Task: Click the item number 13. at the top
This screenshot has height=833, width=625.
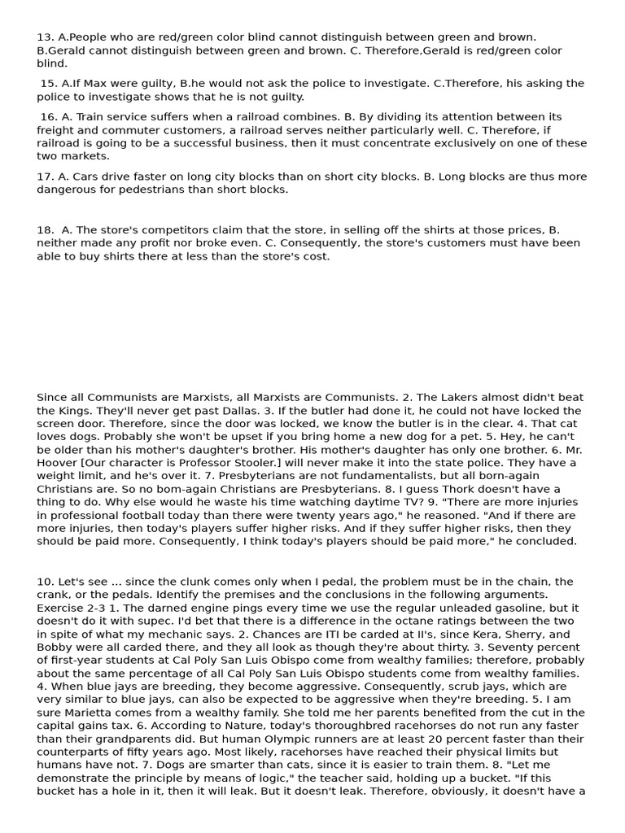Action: click(x=46, y=37)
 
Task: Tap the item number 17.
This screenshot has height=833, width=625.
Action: click(x=46, y=177)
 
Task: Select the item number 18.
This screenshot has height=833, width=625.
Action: click(x=46, y=230)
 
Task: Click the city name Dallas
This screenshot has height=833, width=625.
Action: click(x=224, y=411)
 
